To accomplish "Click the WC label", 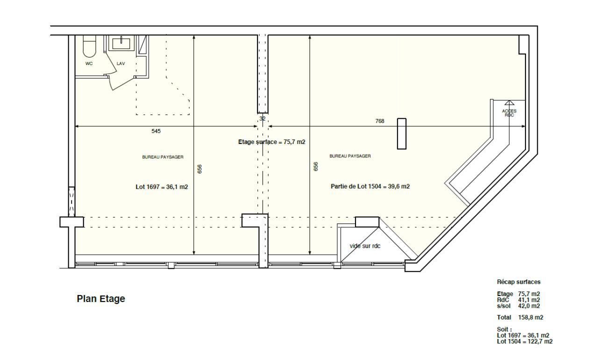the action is pos(89,64).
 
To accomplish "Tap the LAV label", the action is pos(121,64).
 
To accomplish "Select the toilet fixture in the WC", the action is pos(89,46).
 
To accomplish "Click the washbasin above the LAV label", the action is pos(121,43).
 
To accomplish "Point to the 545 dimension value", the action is pos(156,131).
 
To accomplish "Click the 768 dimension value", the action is pos(380,121).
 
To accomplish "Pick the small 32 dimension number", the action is pos(263,118).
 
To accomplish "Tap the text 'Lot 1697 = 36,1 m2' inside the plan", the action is pos(162,187).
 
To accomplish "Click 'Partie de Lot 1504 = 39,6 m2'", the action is pos(370,187).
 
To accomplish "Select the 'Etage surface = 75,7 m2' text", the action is pos(272,142).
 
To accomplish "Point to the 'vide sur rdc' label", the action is pos(365,246).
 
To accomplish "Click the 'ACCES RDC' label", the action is pos(509,113).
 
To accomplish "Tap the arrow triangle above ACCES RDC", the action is pos(509,103).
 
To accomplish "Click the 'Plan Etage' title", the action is pos(101,299).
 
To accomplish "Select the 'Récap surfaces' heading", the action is pos(519,282).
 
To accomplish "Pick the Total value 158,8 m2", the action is pos(531,317).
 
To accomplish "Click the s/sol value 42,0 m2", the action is pos(529,306).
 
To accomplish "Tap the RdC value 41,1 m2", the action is pos(529,300).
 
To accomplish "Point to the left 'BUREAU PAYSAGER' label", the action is pos(163,157).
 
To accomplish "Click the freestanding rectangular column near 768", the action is pos(401,134).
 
